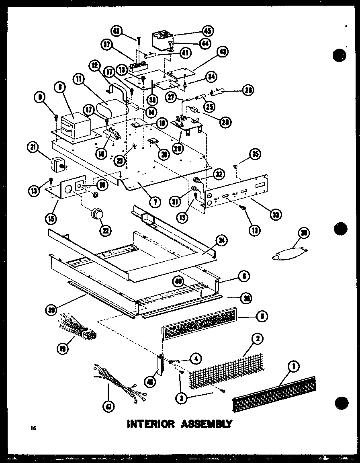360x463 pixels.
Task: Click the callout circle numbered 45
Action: (208, 31)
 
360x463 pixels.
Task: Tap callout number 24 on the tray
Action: (221, 241)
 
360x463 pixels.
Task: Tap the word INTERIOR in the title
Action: (151, 424)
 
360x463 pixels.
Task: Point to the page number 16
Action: (33, 428)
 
